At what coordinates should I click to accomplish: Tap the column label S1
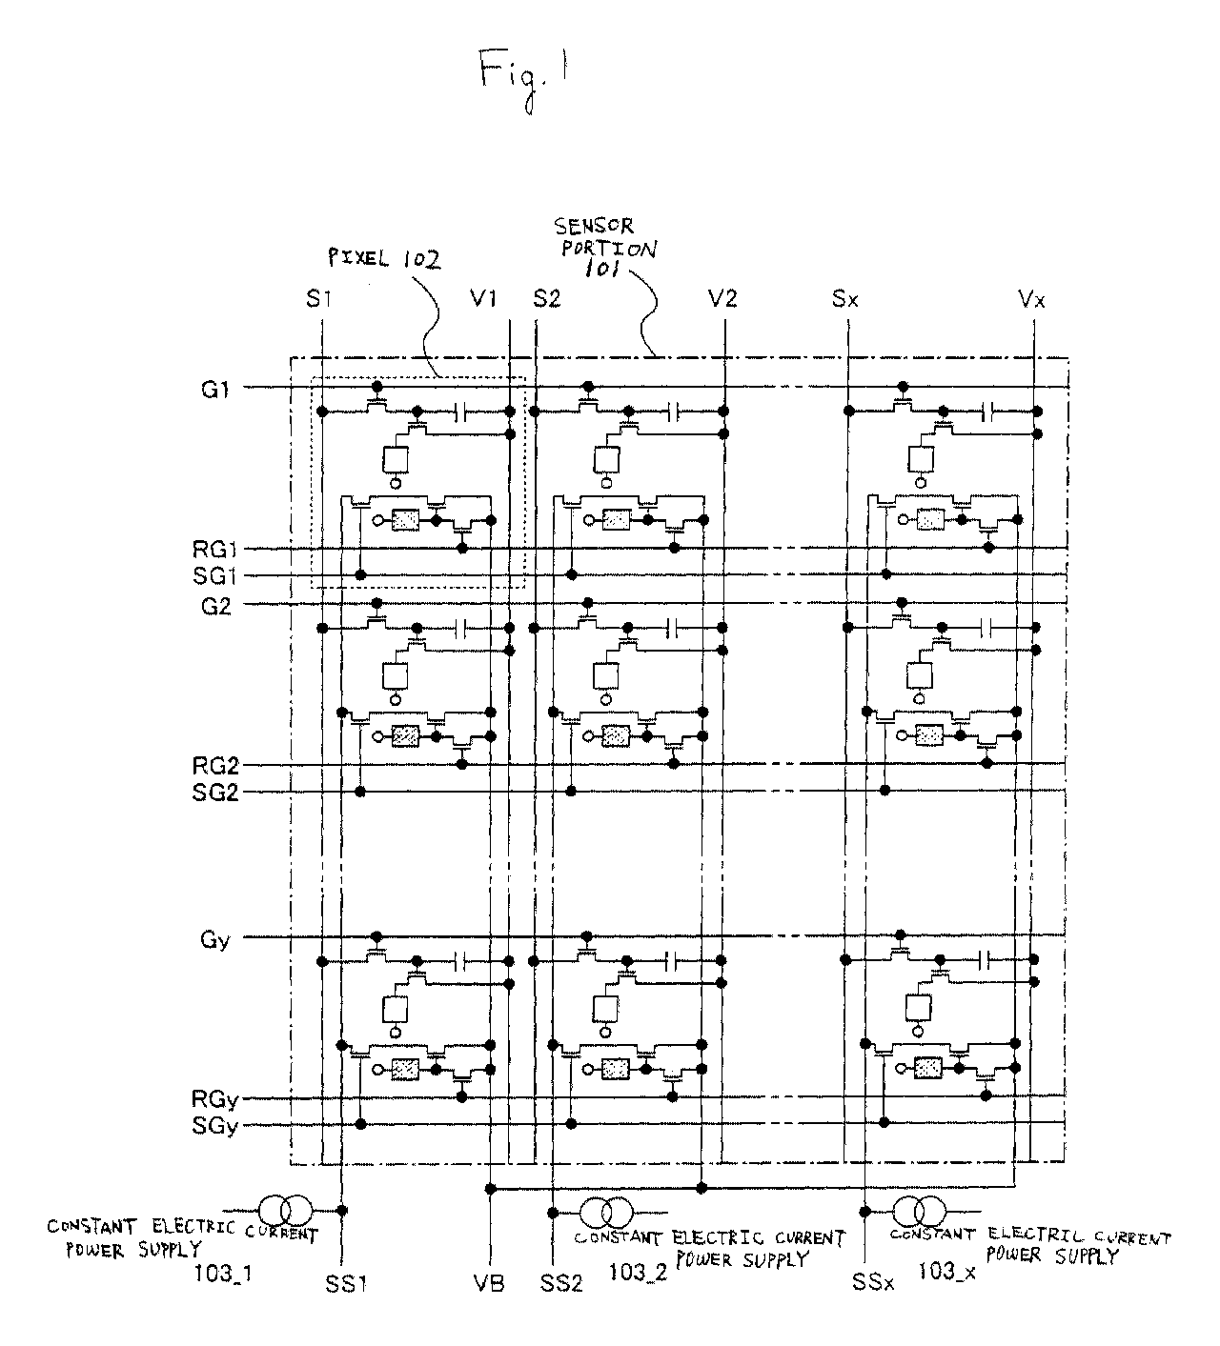pyautogui.click(x=318, y=298)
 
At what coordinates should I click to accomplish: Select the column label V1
pyautogui.click(x=483, y=298)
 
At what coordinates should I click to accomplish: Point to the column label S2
pyautogui.click(x=546, y=298)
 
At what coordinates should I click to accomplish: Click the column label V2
pyautogui.click(x=722, y=298)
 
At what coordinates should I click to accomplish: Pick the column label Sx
pyautogui.click(x=844, y=298)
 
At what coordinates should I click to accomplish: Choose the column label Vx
pyautogui.click(x=1031, y=298)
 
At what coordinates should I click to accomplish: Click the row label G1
pyautogui.click(x=215, y=390)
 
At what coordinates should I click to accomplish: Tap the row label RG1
pyautogui.click(x=214, y=549)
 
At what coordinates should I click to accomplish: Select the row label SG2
pyautogui.click(x=215, y=793)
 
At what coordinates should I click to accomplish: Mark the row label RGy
pyautogui.click(x=214, y=1099)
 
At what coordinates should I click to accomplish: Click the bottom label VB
pyautogui.click(x=489, y=1283)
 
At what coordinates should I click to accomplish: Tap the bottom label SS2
pyautogui.click(x=561, y=1283)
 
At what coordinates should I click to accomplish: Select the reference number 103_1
pyautogui.click(x=223, y=1273)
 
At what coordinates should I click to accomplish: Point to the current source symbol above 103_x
pyautogui.click(x=919, y=1212)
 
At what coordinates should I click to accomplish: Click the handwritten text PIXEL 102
pyautogui.click(x=384, y=257)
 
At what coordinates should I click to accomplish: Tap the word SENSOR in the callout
pyautogui.click(x=594, y=226)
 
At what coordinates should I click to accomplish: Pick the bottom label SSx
pyautogui.click(x=873, y=1282)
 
